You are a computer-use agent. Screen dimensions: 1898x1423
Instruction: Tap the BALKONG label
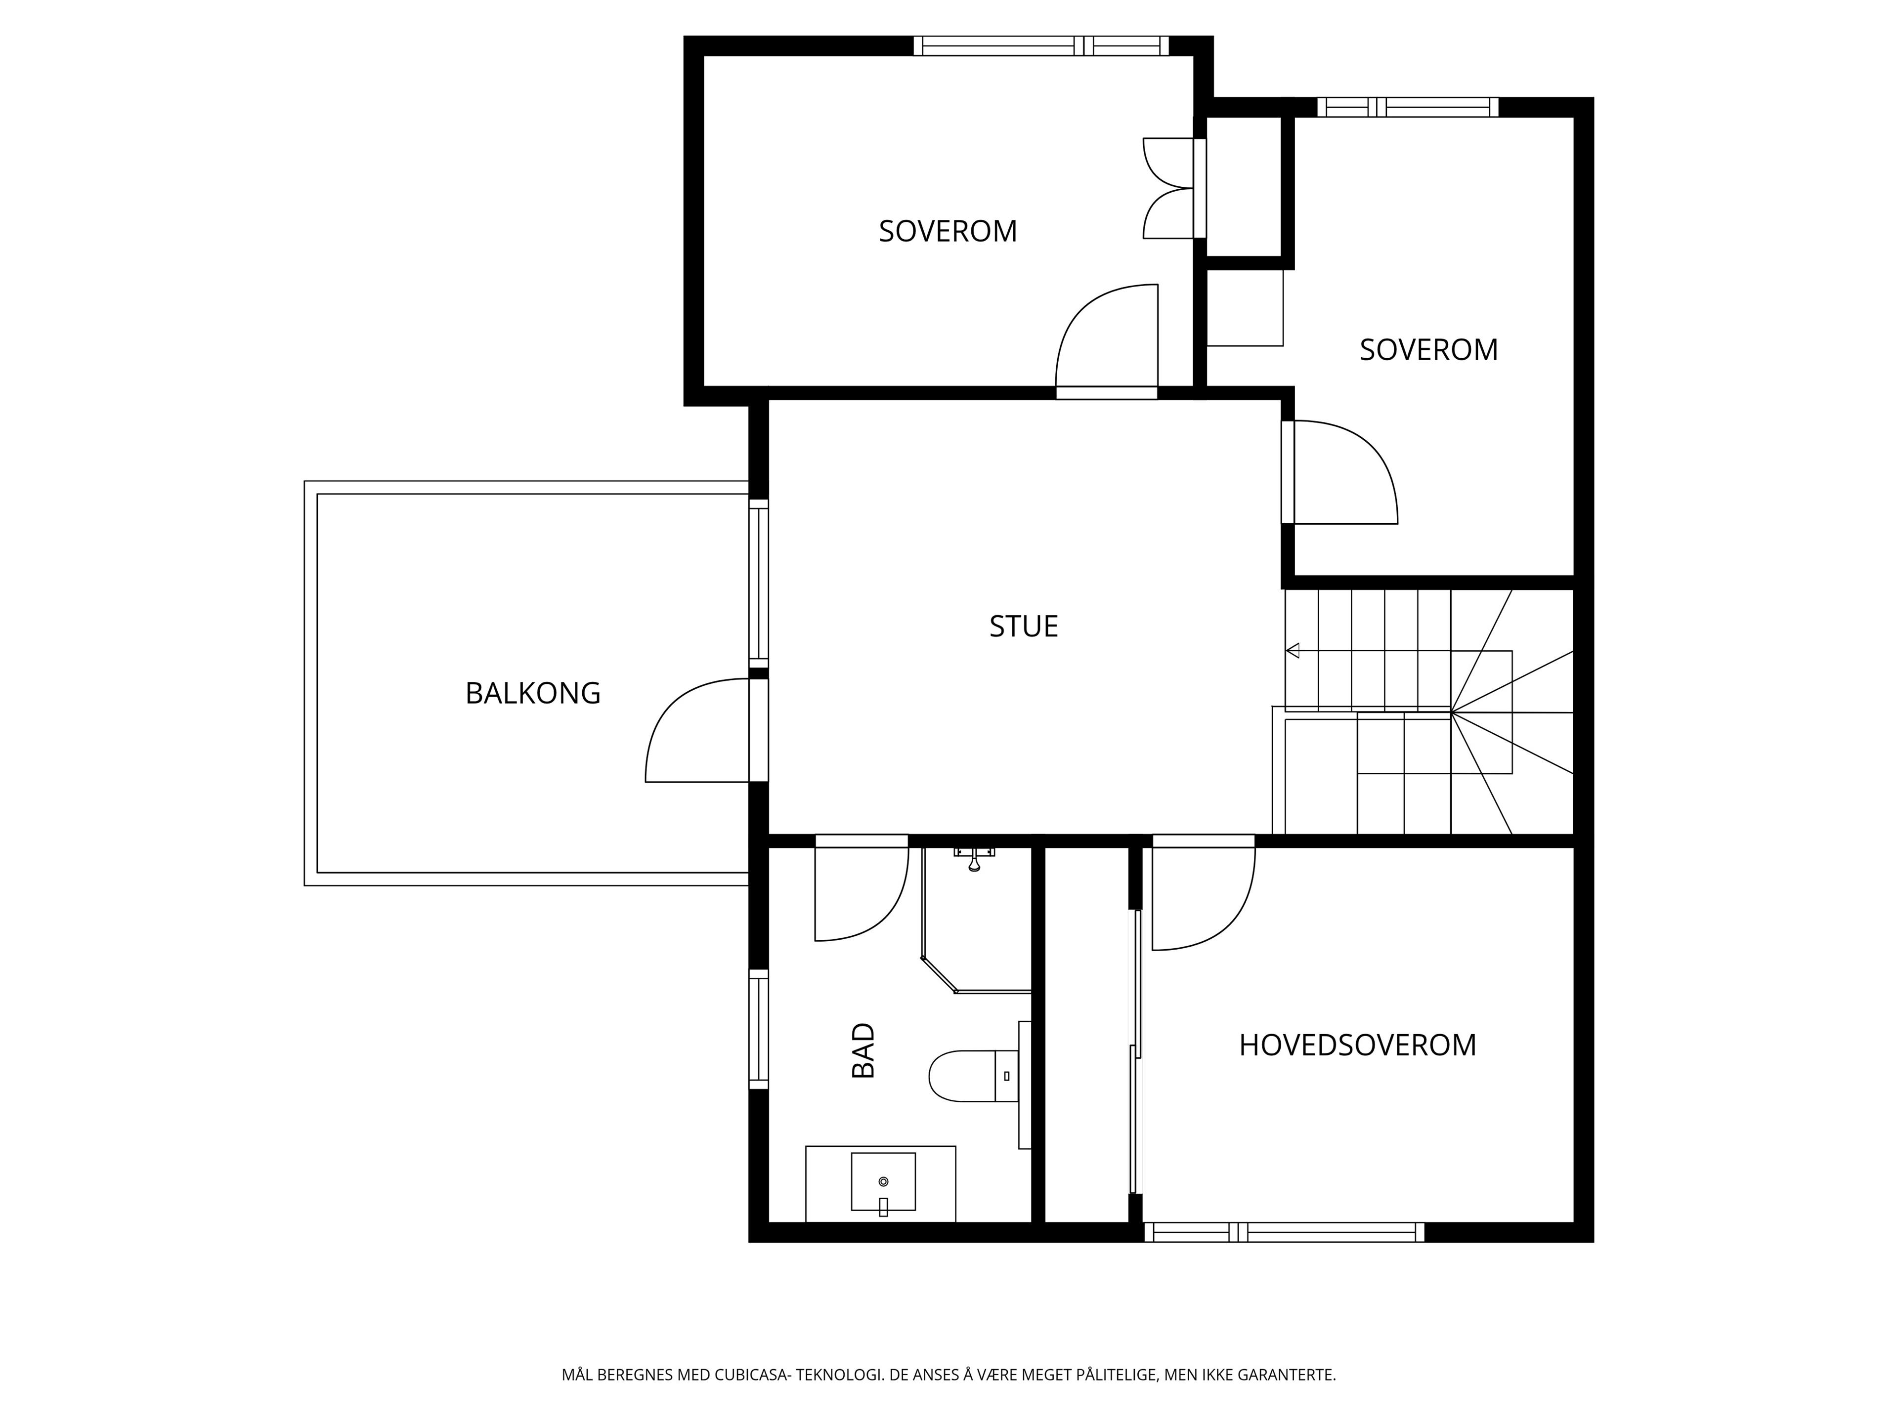click(533, 693)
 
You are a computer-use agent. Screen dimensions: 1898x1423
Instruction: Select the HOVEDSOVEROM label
click(1357, 1045)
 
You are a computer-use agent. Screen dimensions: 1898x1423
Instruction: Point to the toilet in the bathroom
click(974, 1076)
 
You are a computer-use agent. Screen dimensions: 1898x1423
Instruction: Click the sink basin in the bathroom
click(883, 1182)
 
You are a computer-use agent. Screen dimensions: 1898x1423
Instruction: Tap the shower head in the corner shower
click(974, 858)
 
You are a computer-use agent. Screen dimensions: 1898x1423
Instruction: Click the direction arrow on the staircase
click(1292, 650)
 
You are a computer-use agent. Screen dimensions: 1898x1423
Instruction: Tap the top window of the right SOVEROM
click(1408, 107)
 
